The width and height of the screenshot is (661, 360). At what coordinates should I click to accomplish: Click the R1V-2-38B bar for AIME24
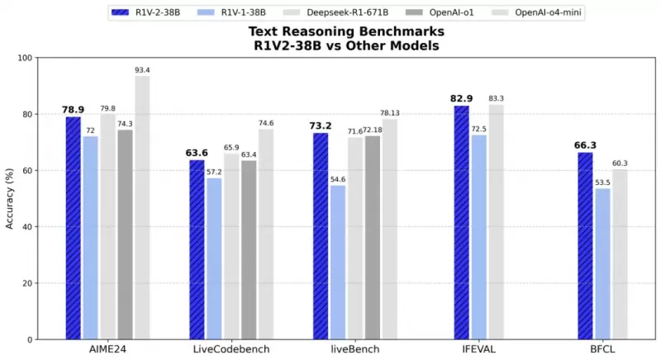pyautogui.click(x=74, y=228)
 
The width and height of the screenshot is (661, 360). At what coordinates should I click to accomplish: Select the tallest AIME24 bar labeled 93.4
pyautogui.click(x=142, y=207)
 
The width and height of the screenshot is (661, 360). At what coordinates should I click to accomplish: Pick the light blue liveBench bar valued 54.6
pyautogui.click(x=337, y=262)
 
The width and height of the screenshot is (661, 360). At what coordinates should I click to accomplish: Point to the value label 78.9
pyautogui.click(x=73, y=110)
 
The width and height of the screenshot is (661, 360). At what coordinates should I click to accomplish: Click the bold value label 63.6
pyautogui.click(x=197, y=153)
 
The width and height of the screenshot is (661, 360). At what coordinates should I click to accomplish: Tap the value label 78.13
pyautogui.click(x=388, y=112)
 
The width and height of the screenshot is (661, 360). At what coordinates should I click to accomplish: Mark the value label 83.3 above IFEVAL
pyautogui.click(x=496, y=98)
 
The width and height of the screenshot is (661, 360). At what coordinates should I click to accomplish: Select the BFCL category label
pyautogui.click(x=602, y=350)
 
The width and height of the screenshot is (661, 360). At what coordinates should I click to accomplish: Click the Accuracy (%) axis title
pyautogui.click(x=10, y=198)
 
